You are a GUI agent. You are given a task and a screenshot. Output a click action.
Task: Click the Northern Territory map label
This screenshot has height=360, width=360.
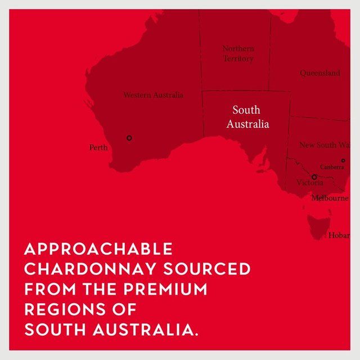[238, 53]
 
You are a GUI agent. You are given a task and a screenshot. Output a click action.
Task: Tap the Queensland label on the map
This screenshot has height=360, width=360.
[319, 73]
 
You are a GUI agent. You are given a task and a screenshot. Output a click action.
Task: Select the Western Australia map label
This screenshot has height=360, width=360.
[153, 95]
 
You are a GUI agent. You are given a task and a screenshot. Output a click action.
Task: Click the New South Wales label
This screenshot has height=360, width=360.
[325, 145]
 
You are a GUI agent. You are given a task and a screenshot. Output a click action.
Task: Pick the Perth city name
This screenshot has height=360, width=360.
[98, 147]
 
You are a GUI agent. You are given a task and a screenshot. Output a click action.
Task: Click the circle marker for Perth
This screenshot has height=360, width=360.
[129, 138]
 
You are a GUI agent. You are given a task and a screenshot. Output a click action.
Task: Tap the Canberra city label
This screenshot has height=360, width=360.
[332, 167]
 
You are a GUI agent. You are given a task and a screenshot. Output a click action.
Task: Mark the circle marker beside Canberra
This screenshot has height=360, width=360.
[343, 160]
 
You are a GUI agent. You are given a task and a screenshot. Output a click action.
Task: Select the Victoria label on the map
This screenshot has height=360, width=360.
[310, 183]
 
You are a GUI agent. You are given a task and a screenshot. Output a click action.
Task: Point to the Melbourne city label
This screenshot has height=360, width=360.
[330, 198]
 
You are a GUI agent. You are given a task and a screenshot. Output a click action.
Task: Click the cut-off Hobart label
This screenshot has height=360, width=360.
[339, 235]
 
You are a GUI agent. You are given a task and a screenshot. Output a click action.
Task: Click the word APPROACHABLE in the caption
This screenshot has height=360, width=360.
[98, 249]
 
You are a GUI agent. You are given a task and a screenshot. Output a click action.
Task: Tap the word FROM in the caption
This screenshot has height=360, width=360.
[43, 290]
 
